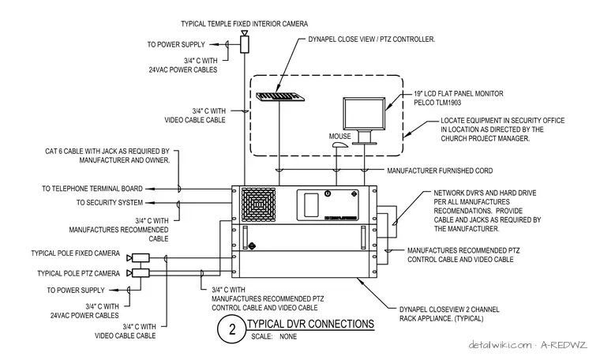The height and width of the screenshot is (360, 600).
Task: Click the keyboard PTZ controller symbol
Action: tap(280, 97)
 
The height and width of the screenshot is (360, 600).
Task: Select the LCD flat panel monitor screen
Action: tap(364, 114)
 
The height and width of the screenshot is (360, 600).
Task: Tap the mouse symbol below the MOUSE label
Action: tap(339, 145)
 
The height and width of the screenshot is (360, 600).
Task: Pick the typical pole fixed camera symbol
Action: tap(138, 258)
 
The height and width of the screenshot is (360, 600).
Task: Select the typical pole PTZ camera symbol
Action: tap(138, 273)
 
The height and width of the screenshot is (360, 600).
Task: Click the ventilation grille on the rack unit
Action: tap(258, 204)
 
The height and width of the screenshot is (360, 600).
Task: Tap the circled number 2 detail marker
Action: tap(232, 329)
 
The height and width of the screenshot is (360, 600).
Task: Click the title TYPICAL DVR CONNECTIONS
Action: tap(311, 324)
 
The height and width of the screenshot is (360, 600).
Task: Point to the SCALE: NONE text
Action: tap(274, 336)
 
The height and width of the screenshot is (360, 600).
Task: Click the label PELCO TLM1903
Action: tap(437, 103)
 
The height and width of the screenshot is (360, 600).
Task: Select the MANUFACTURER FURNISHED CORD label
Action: tap(440, 171)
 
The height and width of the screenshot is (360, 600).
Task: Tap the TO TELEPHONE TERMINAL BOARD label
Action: tap(92, 189)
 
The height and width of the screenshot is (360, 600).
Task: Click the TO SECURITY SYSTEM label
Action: tap(110, 203)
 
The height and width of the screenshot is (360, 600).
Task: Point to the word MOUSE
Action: tap(339, 137)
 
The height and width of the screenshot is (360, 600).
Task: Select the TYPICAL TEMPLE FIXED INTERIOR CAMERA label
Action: tap(244, 24)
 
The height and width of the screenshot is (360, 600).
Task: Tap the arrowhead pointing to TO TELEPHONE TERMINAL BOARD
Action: tap(150, 189)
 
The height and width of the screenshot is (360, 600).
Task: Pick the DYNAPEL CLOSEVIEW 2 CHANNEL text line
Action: tap(449, 309)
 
